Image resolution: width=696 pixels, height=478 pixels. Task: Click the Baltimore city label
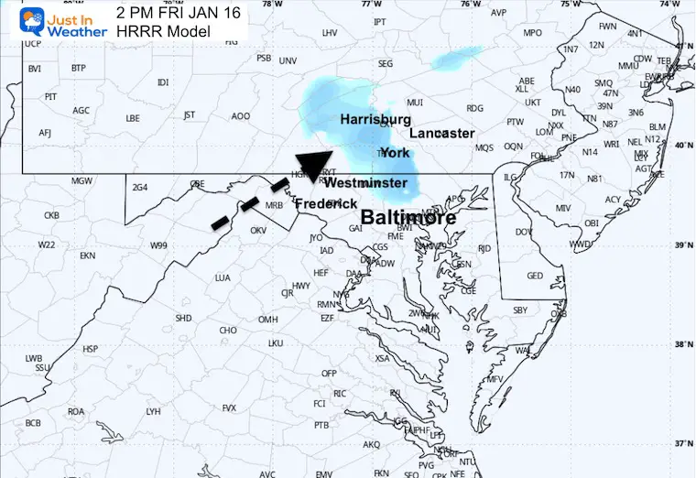[x=408, y=218]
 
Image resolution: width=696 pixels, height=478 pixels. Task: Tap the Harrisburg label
[x=375, y=120]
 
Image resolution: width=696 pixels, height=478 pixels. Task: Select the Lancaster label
[x=441, y=134]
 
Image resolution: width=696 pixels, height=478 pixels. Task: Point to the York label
[x=395, y=153]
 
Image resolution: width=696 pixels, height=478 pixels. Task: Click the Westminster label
[x=365, y=183]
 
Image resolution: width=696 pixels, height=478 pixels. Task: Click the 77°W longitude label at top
[x=370, y=5]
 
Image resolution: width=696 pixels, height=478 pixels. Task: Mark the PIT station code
[x=51, y=96]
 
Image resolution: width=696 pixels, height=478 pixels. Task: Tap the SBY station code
[x=520, y=310]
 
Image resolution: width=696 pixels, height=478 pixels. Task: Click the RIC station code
[x=339, y=394]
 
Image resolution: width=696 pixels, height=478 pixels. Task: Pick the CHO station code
[x=228, y=331]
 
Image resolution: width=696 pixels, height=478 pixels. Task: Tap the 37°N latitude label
[x=681, y=444]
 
